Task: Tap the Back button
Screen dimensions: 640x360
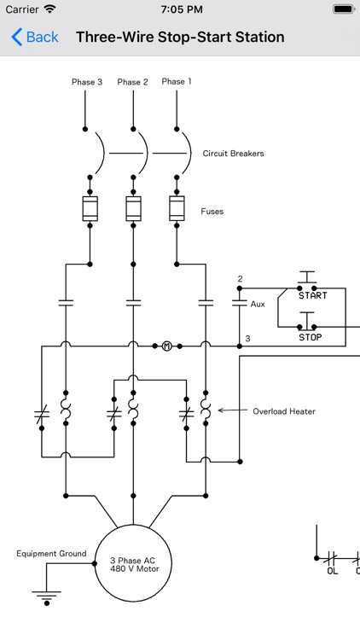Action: pos(35,38)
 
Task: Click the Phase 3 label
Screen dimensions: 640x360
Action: pos(86,83)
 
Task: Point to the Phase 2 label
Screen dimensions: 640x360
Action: pos(132,83)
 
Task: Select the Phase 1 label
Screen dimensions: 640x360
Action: pos(177,82)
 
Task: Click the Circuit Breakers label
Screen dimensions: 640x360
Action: pos(233,154)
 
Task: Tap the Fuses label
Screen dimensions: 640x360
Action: pos(212,211)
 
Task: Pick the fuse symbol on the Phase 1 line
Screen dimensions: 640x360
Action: pos(177,208)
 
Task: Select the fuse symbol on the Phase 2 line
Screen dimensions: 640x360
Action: pos(133,208)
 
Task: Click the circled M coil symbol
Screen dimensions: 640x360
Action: pos(167,346)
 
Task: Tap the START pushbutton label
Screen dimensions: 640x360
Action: pos(313,295)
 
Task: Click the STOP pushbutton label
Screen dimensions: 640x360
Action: pos(311,337)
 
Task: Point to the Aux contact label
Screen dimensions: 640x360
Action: pos(258,304)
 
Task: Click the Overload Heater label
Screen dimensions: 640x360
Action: pos(284,411)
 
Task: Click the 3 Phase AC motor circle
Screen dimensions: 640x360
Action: pos(135,564)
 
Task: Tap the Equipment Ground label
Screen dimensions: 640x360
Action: pos(51,554)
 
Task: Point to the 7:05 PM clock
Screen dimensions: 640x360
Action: pos(180,9)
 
